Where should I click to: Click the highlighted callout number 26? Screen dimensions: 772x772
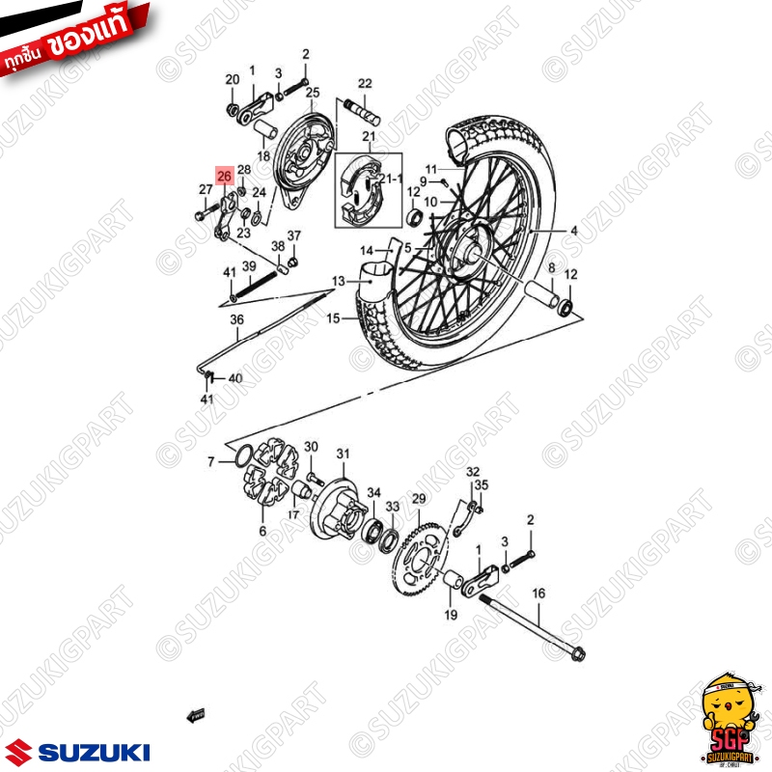(x=224, y=176)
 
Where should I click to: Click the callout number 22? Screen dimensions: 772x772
(x=365, y=84)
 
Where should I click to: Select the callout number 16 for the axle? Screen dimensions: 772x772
(x=538, y=593)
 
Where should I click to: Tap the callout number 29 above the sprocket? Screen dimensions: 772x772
(x=418, y=499)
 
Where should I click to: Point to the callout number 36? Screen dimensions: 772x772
(x=236, y=319)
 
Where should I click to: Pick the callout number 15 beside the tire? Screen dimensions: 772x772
(x=334, y=317)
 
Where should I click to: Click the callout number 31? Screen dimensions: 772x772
(x=344, y=455)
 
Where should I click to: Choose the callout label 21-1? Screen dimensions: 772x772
(x=390, y=179)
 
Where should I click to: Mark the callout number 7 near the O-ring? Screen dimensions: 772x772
(x=211, y=462)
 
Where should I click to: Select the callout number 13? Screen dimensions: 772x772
(x=337, y=282)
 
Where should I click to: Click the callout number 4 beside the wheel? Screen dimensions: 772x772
(x=573, y=232)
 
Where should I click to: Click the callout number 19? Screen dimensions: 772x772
(x=450, y=615)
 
